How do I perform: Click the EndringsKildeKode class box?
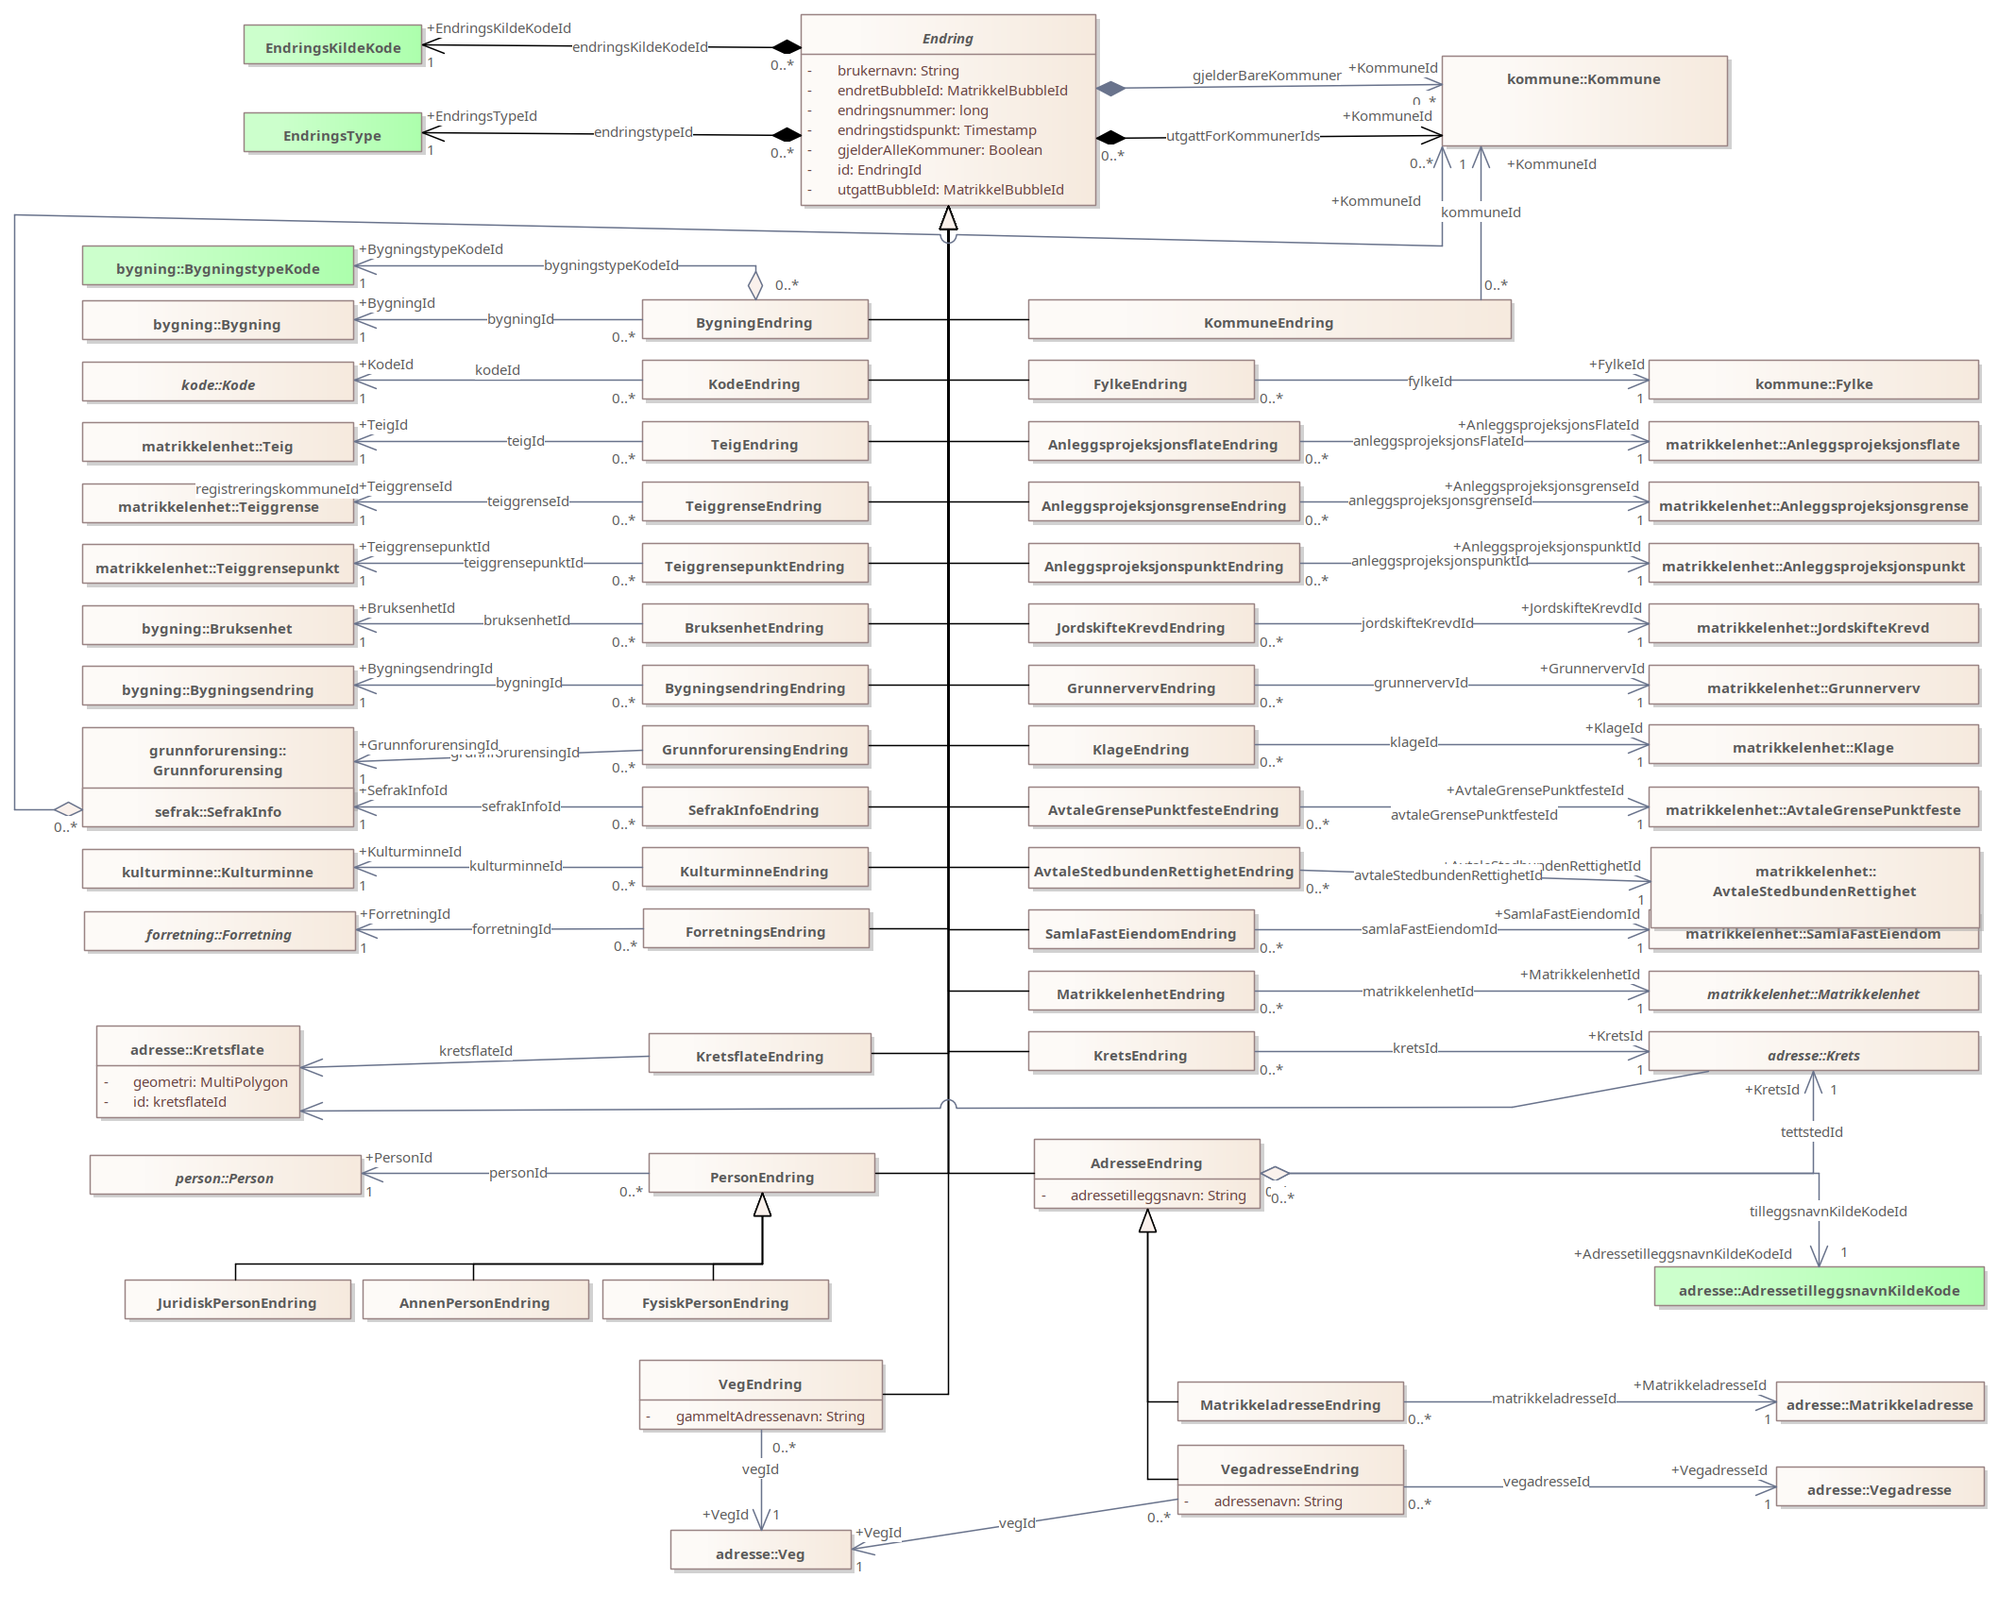332,46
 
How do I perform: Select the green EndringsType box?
332,134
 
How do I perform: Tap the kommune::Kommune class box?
1583,101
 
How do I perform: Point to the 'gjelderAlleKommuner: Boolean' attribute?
940,150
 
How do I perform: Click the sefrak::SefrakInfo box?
217,810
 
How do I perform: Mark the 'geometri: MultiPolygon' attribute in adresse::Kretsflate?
210,1082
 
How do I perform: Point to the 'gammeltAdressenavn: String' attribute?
770,1417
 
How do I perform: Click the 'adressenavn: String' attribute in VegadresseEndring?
1278,1502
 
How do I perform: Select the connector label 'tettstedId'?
1811,1132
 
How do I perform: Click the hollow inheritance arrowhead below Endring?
948,219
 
